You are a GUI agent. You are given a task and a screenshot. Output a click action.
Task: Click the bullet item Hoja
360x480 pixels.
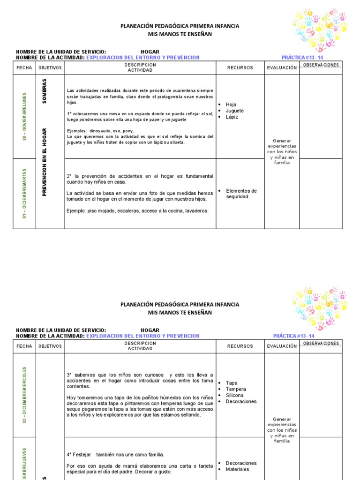coord(231,105)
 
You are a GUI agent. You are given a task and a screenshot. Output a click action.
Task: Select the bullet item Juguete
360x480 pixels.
coord(234,111)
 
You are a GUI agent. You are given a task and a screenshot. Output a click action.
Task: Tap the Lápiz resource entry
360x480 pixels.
coord(232,117)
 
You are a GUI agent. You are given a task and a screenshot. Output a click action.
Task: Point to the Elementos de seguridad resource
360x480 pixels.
coord(241,194)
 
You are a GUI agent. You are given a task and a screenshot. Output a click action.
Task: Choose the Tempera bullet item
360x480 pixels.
coord(235,389)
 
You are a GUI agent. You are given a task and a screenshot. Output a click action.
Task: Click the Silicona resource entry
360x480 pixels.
coord(235,395)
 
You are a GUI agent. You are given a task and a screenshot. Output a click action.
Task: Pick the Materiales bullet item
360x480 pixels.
coord(237,469)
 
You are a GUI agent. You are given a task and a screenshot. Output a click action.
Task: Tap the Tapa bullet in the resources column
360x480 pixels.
coord(232,383)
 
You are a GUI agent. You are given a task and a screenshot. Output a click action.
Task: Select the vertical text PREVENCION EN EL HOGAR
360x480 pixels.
coord(45,162)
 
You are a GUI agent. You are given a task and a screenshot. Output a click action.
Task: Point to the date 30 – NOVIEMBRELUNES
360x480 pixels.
coord(24,116)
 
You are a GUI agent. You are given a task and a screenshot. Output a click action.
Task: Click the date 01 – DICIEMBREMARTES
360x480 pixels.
coord(24,194)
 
